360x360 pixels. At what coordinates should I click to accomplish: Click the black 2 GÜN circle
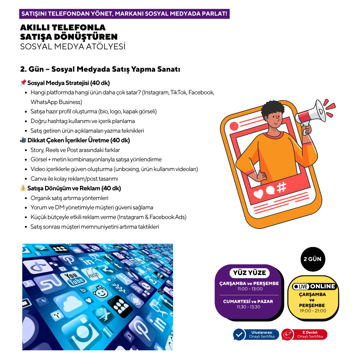click(x=313, y=259)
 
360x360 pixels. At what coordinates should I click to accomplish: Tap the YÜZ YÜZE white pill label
click(x=250, y=273)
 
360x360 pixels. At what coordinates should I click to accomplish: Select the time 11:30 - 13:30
click(x=248, y=307)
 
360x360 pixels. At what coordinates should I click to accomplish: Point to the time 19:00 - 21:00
click(x=313, y=311)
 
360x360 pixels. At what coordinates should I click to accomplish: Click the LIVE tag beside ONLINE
click(x=301, y=287)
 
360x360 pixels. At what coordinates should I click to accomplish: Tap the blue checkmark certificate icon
click(x=239, y=335)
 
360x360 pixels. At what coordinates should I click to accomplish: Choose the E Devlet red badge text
click(x=310, y=334)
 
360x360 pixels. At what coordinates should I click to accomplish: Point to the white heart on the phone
click(x=258, y=194)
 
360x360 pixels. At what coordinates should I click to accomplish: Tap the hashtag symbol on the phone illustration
click(x=281, y=187)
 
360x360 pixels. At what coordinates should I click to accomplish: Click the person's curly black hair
click(x=273, y=110)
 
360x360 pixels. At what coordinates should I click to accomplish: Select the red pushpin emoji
click(x=23, y=82)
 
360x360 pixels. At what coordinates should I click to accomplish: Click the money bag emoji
click(x=23, y=188)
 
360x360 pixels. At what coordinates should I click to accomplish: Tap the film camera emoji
click(x=23, y=140)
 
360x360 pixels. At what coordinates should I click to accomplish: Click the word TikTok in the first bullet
click(x=179, y=92)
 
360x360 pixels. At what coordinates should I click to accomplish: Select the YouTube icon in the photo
click(x=73, y=278)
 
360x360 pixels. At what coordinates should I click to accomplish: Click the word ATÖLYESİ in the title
click(x=106, y=46)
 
